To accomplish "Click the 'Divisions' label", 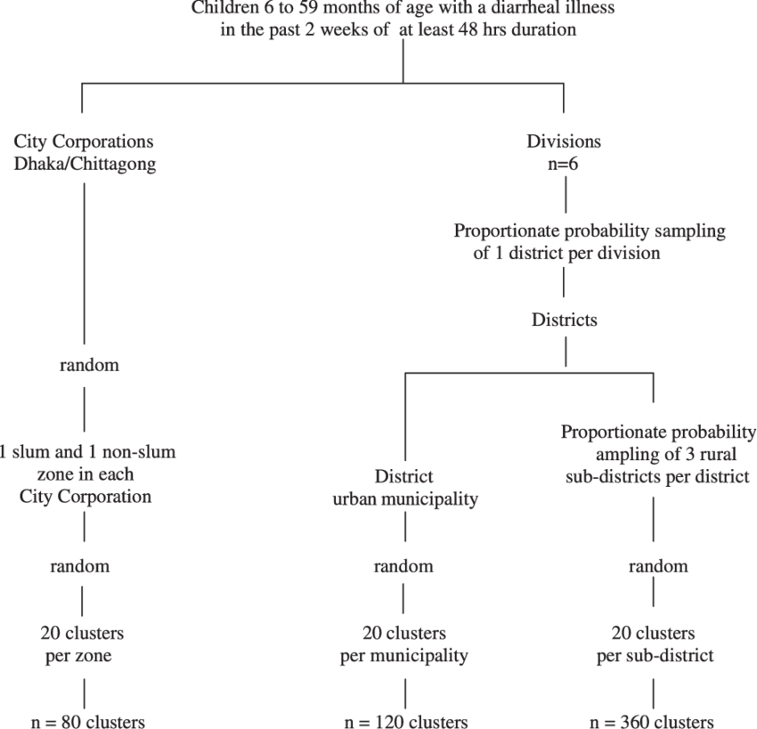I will click(563, 142).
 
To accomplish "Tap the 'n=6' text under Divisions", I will click(563, 164).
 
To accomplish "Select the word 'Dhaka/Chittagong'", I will click(85, 164).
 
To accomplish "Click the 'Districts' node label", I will click(564, 320).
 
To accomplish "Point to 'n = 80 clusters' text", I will click(84, 721).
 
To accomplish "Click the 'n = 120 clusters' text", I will click(405, 721).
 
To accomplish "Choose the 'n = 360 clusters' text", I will click(653, 721).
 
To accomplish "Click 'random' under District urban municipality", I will click(403, 566).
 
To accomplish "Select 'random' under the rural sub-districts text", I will click(658, 566).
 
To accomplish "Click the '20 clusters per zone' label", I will click(82, 645).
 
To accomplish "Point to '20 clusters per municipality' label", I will click(404, 645).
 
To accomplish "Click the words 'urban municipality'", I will click(405, 498).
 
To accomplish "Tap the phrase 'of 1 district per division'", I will click(566, 253).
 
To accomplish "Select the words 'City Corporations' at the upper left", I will click(84, 142).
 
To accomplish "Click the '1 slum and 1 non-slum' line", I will click(87, 452).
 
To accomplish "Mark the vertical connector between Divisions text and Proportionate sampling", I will click(564, 197).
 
